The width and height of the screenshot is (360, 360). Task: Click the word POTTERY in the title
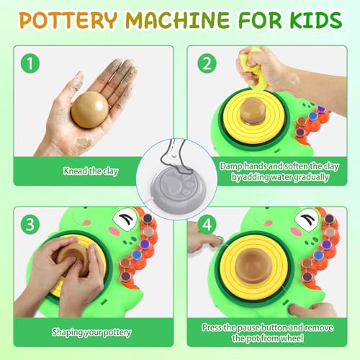68,19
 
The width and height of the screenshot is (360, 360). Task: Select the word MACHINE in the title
178,19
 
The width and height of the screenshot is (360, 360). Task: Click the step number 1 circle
30,63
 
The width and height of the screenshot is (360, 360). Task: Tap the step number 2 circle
207,63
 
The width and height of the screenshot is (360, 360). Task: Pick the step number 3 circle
30,225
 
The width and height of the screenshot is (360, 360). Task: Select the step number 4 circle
207,225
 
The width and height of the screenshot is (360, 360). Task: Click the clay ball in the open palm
90,109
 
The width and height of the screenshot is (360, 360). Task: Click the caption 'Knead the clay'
91,171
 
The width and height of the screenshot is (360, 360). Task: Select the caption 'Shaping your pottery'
91,333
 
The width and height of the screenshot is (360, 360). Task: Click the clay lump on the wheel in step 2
253,112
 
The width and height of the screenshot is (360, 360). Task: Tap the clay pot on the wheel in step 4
254,265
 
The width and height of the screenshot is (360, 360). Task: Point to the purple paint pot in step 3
145,244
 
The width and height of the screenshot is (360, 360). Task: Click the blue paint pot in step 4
318,255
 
